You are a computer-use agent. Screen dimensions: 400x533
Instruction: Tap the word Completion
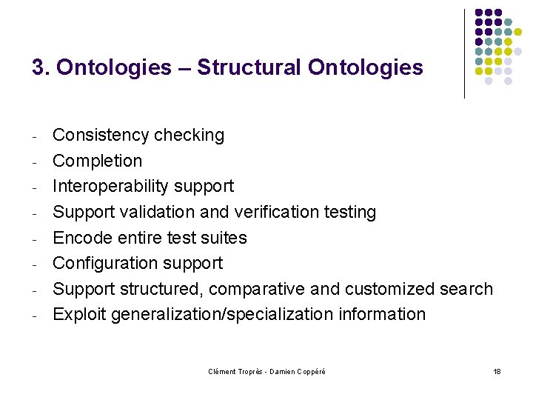click(97, 161)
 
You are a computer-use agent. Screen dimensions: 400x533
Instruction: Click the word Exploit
click(79, 315)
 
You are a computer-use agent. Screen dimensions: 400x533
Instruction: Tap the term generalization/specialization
click(222, 315)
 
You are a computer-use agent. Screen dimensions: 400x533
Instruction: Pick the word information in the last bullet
click(382, 315)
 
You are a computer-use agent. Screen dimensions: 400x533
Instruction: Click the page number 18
click(497, 370)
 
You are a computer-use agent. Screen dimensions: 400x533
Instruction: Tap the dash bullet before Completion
click(35, 161)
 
